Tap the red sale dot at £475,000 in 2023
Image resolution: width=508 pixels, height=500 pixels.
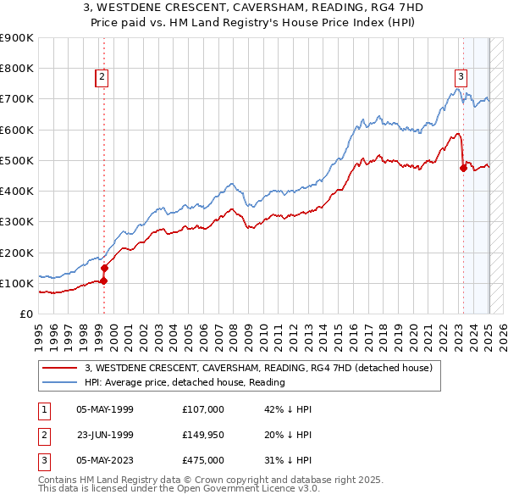point(463,168)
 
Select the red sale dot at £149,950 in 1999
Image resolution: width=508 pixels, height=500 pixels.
point(105,268)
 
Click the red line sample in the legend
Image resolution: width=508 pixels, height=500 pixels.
point(60,368)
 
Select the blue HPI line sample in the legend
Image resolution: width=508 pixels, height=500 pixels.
point(60,382)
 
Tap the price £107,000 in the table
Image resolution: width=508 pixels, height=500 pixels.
point(203,409)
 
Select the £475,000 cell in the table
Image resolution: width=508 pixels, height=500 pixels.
point(203,460)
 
